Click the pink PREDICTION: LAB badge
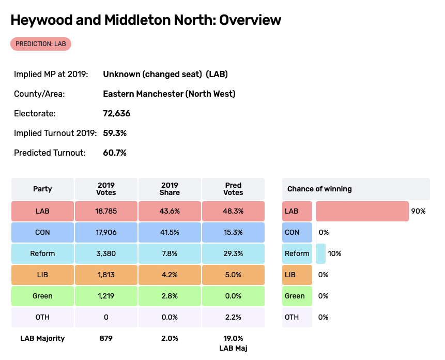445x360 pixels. tap(41, 44)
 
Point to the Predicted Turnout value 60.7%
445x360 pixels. tap(115, 153)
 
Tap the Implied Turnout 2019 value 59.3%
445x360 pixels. tap(115, 133)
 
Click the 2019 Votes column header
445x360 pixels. tap(106, 189)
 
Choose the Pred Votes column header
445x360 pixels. tap(233, 189)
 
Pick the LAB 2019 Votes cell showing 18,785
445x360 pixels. tap(106, 211)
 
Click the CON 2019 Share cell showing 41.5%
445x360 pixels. tap(170, 232)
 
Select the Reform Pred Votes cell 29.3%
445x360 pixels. tap(233, 253)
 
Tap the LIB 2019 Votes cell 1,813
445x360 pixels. tap(106, 275)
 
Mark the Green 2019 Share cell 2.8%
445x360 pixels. tap(170, 296)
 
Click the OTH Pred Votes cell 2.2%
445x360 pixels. tap(233, 317)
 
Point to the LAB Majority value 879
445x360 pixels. tap(106, 338)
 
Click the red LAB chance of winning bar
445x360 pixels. tap(362, 211)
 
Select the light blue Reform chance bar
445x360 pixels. tap(320, 253)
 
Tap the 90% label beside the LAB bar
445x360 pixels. tap(418, 211)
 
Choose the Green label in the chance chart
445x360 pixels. tap(295, 296)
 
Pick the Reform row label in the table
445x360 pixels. tap(42, 253)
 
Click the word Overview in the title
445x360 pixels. tap(250, 20)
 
